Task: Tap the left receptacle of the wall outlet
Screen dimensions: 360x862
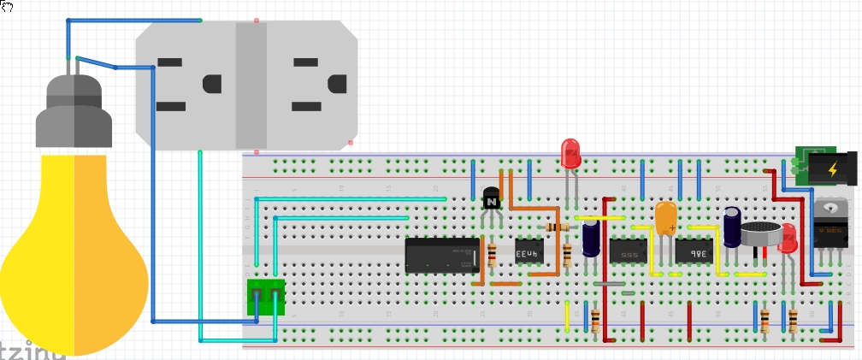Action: [186, 86]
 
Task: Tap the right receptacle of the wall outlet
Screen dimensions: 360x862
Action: [311, 86]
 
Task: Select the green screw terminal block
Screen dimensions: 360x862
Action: [265, 298]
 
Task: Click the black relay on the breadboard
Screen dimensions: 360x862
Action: [442, 255]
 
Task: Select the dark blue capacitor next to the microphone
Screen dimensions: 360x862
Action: [733, 227]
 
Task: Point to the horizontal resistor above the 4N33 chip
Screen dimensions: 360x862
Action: [557, 227]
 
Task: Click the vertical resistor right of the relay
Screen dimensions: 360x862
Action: [492, 255]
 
